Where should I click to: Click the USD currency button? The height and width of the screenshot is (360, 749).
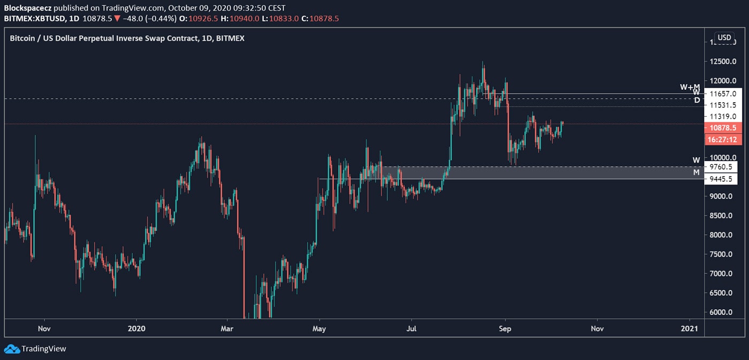click(724, 37)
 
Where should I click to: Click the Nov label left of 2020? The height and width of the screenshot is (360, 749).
click(44, 328)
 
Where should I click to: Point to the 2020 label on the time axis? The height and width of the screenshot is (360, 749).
click(137, 328)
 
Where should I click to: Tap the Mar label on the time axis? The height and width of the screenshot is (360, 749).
click(227, 328)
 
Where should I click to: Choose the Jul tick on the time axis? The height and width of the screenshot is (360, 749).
click(412, 328)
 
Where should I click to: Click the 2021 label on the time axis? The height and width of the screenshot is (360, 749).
click(690, 328)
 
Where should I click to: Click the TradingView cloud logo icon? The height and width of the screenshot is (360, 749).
click(11, 349)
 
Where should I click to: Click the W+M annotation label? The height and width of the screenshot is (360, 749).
click(690, 87)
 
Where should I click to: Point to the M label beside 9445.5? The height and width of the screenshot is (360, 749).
click(696, 172)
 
